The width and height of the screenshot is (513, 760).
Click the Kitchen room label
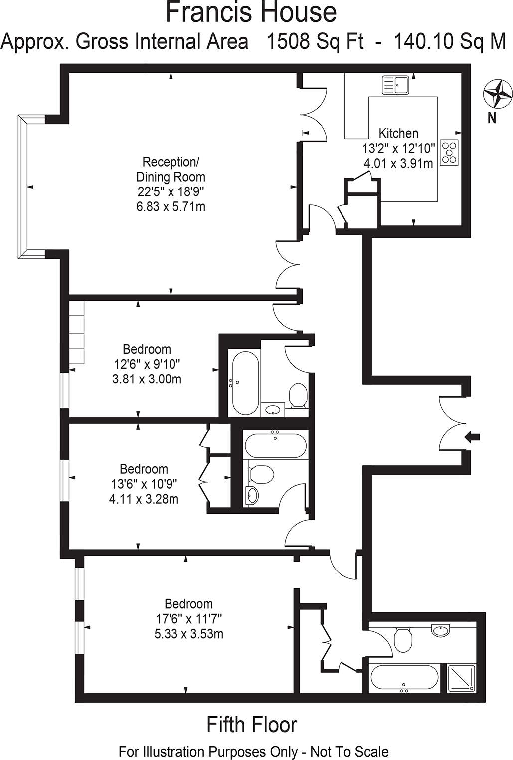pyautogui.click(x=398, y=133)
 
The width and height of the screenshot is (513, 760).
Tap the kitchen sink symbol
pyautogui.click(x=395, y=85)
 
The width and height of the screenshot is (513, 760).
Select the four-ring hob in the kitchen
pyautogui.click(x=449, y=150)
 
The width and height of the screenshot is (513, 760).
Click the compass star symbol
pyautogui.click(x=498, y=93)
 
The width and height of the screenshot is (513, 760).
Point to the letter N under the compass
pyautogui.click(x=492, y=118)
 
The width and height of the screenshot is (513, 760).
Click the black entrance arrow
pyautogui.click(x=472, y=437)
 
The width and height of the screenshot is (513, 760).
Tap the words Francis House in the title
pyautogui.click(x=251, y=13)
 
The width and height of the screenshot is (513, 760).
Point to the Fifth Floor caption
pyautogui.click(x=252, y=725)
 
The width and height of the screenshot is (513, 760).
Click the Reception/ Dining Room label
pyautogui.click(x=171, y=169)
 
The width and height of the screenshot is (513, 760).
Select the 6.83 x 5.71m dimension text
pyautogui.click(x=171, y=206)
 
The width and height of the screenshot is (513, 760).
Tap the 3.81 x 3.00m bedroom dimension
pyautogui.click(x=147, y=379)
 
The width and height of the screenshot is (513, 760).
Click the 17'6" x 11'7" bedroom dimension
pyautogui.click(x=188, y=619)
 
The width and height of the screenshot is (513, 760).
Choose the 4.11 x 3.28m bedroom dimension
pyautogui.click(x=144, y=499)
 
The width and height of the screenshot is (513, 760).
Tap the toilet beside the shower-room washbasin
pyautogui.click(x=402, y=639)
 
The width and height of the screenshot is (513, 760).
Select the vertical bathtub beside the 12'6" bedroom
pyautogui.click(x=244, y=382)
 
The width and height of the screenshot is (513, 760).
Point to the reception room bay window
pyautogui.click(x=23, y=186)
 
